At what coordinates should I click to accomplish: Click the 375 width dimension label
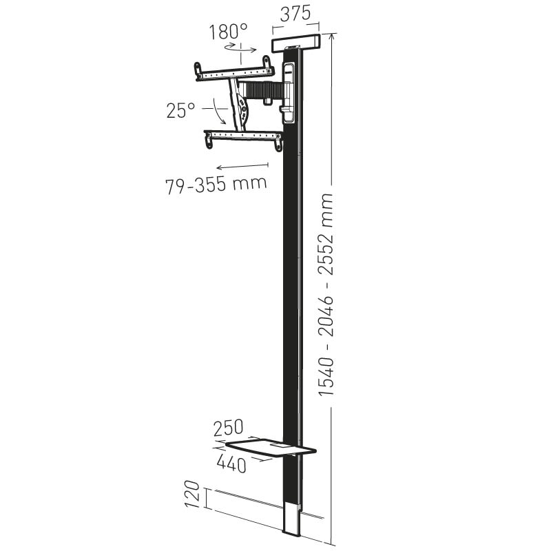tap(295, 13)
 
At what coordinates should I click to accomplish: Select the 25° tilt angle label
tap(180, 110)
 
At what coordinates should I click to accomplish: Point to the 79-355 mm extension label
tap(216, 185)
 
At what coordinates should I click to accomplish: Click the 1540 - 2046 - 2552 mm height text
tap(325, 295)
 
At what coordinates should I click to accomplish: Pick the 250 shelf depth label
tap(229, 428)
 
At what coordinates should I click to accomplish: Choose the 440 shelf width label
tap(231, 464)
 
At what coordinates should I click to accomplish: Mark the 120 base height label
tap(192, 495)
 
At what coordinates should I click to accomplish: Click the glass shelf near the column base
tap(271, 446)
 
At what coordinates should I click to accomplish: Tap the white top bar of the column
tap(296, 43)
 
